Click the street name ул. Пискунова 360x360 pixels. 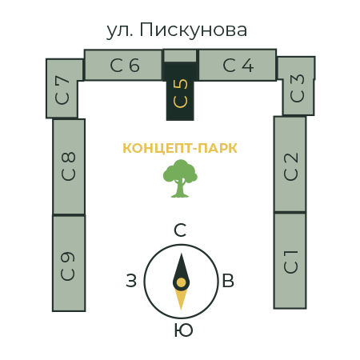point(177,30)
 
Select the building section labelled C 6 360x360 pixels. point(123,65)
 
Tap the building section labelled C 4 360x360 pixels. point(238,65)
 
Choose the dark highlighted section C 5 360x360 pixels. point(180,91)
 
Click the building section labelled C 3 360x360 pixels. point(298,86)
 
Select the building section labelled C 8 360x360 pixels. point(69,166)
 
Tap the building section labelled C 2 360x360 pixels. point(290,164)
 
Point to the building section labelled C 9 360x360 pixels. point(69,263)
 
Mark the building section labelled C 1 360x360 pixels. point(290,261)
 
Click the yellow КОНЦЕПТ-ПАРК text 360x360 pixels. point(180,149)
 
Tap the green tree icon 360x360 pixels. point(180,178)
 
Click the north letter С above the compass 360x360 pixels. point(180,230)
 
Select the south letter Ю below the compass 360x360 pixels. point(183,330)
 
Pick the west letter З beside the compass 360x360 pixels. point(131,281)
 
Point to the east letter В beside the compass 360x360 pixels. point(228,281)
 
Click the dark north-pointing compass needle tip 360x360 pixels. point(182,254)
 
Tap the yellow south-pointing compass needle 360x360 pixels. point(181,298)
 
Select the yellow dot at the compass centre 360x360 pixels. point(181,282)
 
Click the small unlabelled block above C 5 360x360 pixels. point(180,56)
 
